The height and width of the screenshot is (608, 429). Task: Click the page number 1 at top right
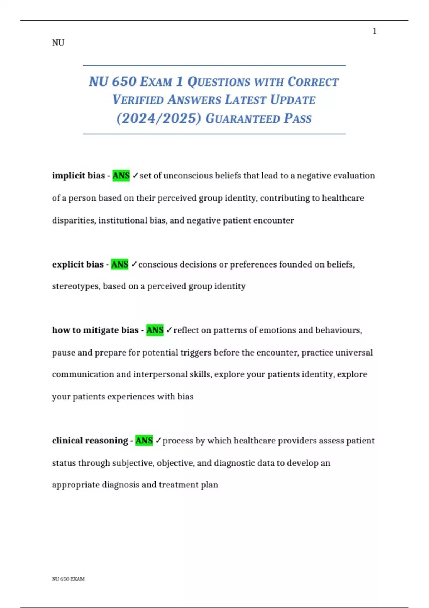click(374, 31)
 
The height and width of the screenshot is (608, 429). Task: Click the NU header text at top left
click(58, 43)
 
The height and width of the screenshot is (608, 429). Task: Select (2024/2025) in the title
click(159, 118)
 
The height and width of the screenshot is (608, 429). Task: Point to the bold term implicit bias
click(78, 176)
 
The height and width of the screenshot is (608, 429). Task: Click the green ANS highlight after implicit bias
click(121, 176)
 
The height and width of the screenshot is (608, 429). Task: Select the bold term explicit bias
click(78, 264)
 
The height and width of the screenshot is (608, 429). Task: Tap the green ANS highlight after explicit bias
click(120, 264)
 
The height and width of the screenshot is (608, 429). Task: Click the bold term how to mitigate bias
click(95, 330)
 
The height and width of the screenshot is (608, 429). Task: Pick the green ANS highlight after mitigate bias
click(155, 330)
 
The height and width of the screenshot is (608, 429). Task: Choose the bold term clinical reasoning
click(90, 441)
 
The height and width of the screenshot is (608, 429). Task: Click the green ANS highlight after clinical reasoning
click(144, 441)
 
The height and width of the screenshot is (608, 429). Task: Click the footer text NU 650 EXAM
click(68, 579)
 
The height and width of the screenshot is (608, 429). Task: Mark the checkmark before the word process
click(158, 441)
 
